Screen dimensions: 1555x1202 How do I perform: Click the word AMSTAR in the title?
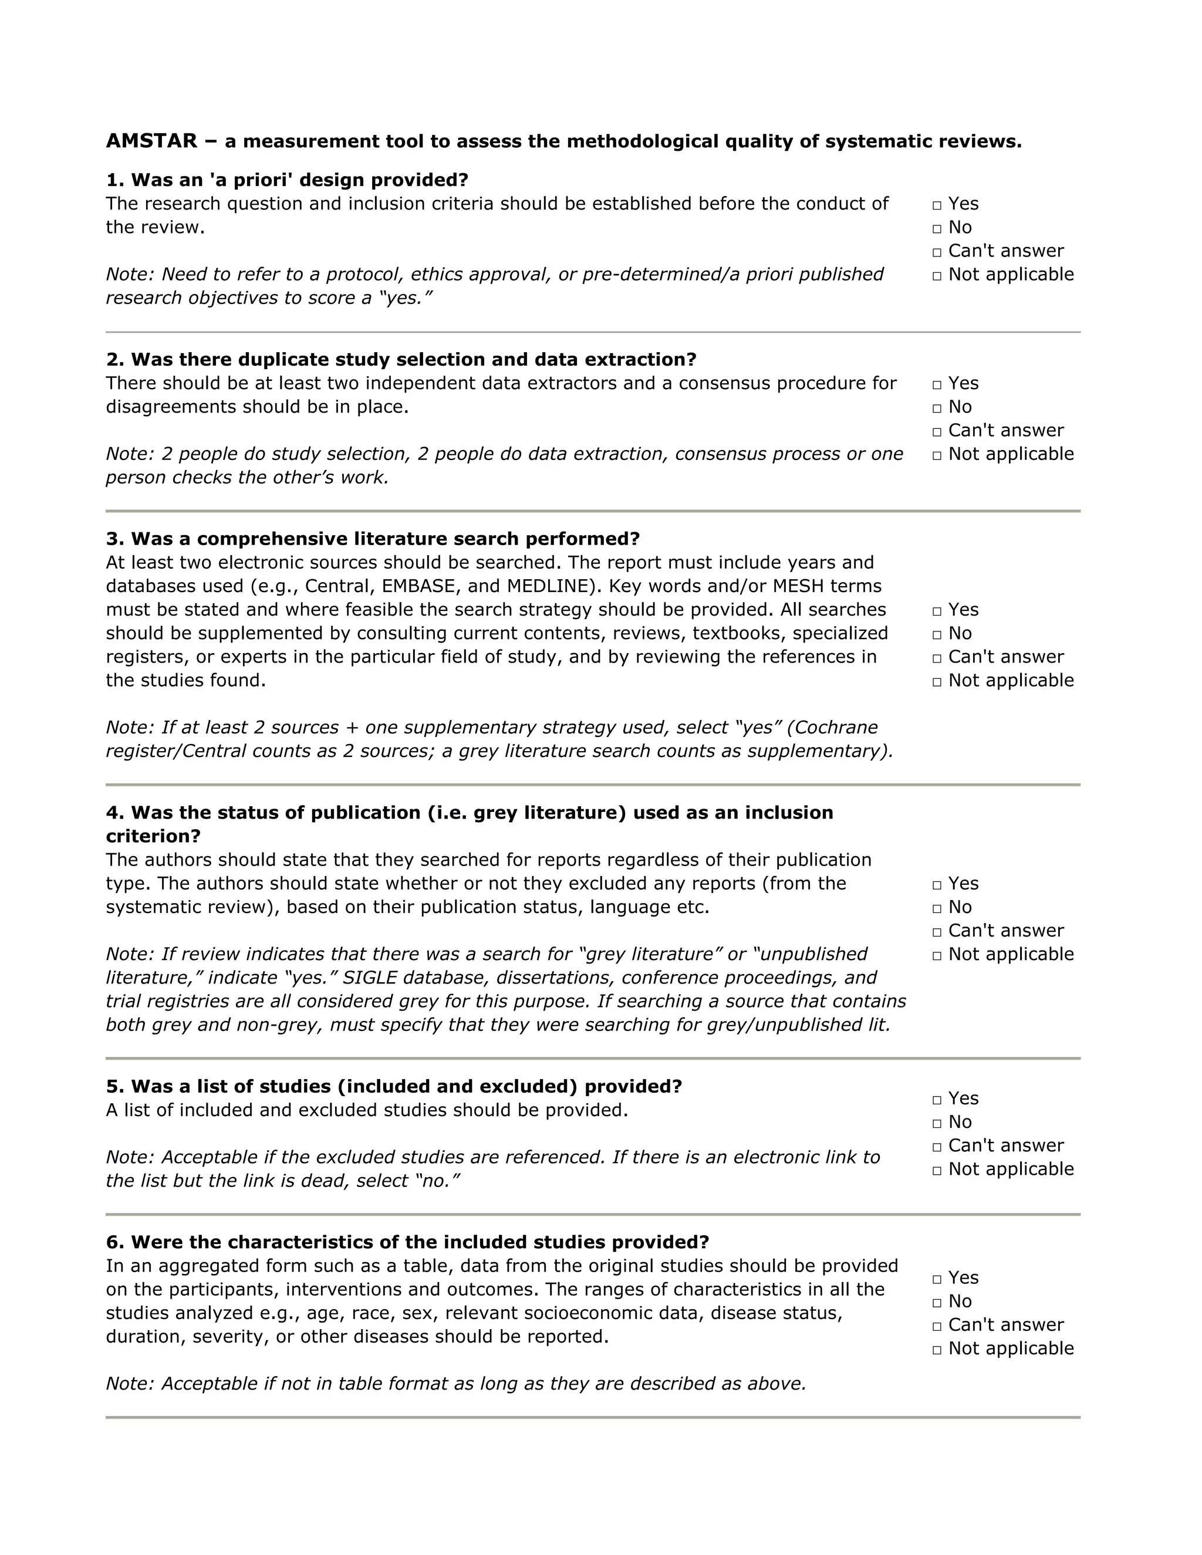[151, 141]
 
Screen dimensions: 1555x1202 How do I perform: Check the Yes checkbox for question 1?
[937, 205]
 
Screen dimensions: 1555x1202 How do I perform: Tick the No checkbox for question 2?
[937, 408]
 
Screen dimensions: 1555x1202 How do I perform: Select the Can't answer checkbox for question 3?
[937, 658]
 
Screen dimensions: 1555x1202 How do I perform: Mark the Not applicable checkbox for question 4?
[937, 955]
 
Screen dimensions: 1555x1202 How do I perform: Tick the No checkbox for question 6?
[937, 1302]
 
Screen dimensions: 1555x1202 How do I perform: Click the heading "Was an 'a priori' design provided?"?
[299, 180]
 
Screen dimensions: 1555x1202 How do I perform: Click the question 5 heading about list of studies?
[406, 1087]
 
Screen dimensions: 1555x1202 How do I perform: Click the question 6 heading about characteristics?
[420, 1242]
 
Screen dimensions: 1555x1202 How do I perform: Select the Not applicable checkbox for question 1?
[937, 276]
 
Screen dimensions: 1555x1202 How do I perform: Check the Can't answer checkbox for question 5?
[937, 1147]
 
